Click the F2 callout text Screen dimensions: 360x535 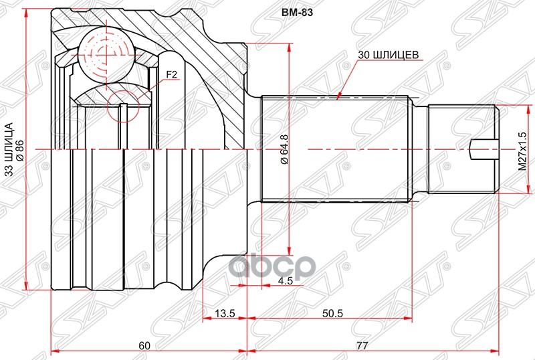(171, 75)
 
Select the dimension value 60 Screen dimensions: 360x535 (144, 345)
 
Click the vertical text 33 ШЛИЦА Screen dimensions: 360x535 (9, 151)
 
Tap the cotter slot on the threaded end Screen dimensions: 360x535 (483, 148)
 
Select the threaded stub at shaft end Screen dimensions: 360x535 (461, 148)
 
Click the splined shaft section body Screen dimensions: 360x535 (334, 149)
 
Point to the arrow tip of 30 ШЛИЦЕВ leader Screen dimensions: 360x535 (340, 96)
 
